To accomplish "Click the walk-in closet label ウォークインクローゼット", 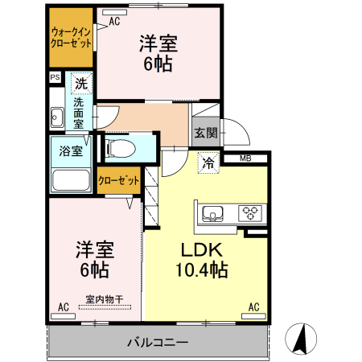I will point(70,37).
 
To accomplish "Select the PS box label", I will point(55,78).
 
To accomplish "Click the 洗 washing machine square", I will point(81,83).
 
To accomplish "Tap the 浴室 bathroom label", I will point(70,150).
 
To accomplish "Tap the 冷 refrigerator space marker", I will point(208,163).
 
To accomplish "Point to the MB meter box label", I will point(245,158).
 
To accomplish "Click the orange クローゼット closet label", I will point(119,181).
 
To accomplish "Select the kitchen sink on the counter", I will point(215,213).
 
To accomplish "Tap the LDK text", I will point(200,249).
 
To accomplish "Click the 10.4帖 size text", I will point(201,270).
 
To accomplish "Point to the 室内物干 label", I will point(105,300).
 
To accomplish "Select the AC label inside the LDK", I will point(253,306).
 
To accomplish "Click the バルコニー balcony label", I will point(158,342).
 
